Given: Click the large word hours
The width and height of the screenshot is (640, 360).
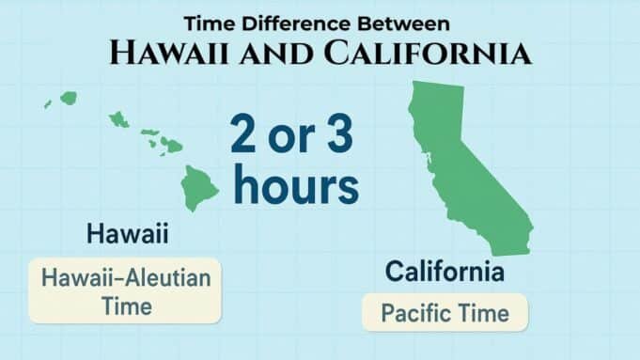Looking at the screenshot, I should (296, 184).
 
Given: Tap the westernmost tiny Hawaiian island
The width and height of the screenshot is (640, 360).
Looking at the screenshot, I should (47, 104).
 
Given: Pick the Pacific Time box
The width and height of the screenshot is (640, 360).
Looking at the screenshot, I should (445, 312).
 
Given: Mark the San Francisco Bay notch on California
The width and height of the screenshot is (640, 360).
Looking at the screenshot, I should (425, 156).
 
